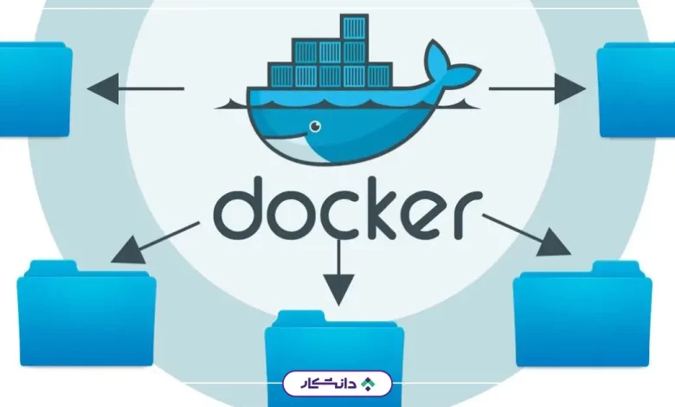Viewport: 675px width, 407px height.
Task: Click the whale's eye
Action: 316,126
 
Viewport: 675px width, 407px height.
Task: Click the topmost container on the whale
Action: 354,27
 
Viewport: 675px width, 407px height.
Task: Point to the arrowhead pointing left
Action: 103,88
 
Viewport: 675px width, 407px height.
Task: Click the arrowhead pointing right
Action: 570,88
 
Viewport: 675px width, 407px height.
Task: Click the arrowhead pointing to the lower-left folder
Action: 129,250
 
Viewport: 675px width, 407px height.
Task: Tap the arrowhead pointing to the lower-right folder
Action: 554,243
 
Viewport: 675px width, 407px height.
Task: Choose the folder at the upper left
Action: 35,89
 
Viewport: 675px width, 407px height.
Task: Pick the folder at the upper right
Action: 636,89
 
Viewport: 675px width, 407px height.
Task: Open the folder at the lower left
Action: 87,313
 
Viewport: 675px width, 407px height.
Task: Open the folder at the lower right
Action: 582,313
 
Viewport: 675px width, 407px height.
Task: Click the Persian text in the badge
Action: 329,384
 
